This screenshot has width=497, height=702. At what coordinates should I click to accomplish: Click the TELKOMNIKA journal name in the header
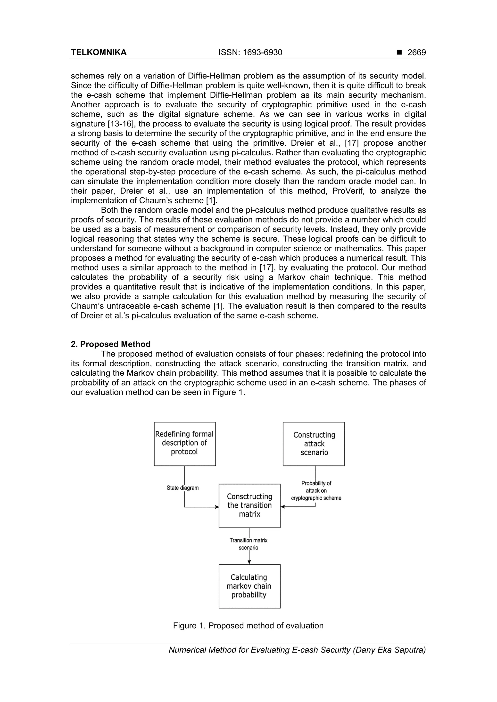[x=99, y=53]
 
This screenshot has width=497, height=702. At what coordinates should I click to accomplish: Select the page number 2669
[x=416, y=53]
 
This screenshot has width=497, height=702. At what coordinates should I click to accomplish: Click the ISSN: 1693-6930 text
[x=250, y=53]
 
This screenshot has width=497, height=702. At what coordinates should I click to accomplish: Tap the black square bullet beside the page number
[x=399, y=52]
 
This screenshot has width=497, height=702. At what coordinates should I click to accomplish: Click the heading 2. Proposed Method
[x=111, y=344]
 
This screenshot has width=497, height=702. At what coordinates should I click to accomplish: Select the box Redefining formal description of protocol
[x=185, y=444]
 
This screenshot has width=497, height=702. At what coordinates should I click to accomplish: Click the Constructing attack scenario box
[x=314, y=444]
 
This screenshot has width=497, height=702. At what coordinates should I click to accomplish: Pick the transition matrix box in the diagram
[x=249, y=506]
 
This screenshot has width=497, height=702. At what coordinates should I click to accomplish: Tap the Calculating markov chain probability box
[x=249, y=586]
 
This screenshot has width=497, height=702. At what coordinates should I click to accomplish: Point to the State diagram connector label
[x=182, y=488]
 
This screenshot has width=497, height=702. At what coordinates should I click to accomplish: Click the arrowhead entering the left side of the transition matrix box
[x=217, y=507]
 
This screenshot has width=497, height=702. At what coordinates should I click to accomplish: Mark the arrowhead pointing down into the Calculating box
[x=249, y=562]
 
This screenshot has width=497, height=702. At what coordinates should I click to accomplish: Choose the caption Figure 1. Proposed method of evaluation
[x=248, y=626]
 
